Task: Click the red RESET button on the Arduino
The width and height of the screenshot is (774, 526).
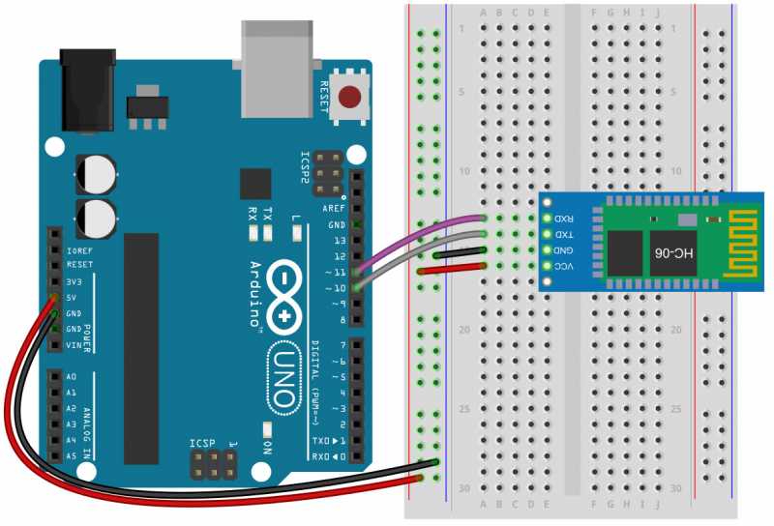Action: click(353, 97)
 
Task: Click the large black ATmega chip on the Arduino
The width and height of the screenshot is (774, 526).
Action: click(141, 348)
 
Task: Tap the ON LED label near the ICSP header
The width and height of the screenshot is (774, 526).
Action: click(268, 447)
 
